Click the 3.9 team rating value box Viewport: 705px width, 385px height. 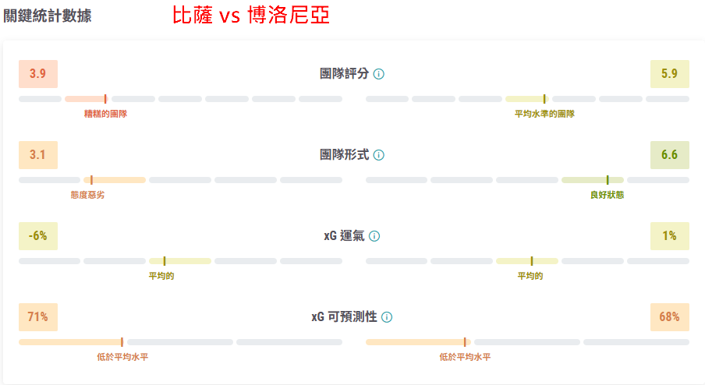[38, 74]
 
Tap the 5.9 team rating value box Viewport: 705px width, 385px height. [669, 74]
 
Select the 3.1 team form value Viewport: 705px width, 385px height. [38, 155]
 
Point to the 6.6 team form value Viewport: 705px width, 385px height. [669, 155]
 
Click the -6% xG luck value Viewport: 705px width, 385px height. [38, 236]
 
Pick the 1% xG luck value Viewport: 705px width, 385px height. [669, 236]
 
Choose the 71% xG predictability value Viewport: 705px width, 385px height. [38, 317]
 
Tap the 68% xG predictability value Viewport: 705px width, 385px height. [669, 317]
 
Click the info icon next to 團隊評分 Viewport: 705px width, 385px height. [379, 74]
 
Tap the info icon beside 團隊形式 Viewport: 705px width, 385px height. [379, 155]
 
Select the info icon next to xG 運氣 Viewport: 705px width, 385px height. [374, 236]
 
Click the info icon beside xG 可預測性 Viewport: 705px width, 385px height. [387, 317]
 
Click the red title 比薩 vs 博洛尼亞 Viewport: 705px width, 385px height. [251, 16]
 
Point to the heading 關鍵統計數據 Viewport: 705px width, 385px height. [48, 16]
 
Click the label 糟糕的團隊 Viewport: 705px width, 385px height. [105, 114]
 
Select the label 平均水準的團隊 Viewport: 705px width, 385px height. [544, 114]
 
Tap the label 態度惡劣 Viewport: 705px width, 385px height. [87, 195]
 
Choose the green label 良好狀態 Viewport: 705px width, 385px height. [607, 195]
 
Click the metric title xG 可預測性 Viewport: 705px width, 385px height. [345, 317]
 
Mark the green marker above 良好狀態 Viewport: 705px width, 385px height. [608, 180]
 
